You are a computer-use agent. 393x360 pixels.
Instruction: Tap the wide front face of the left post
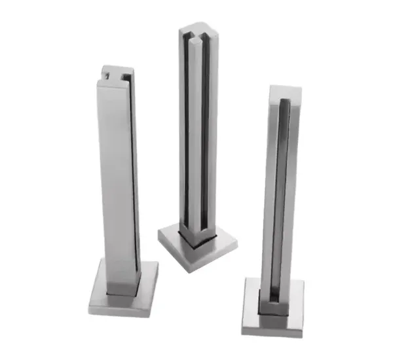coord(117,177)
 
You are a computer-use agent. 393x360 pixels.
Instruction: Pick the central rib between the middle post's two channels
coord(196,131)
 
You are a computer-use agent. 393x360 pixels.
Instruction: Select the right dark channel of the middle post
coord(204,131)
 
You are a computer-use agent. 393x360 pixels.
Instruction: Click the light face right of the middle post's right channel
coord(211,131)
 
